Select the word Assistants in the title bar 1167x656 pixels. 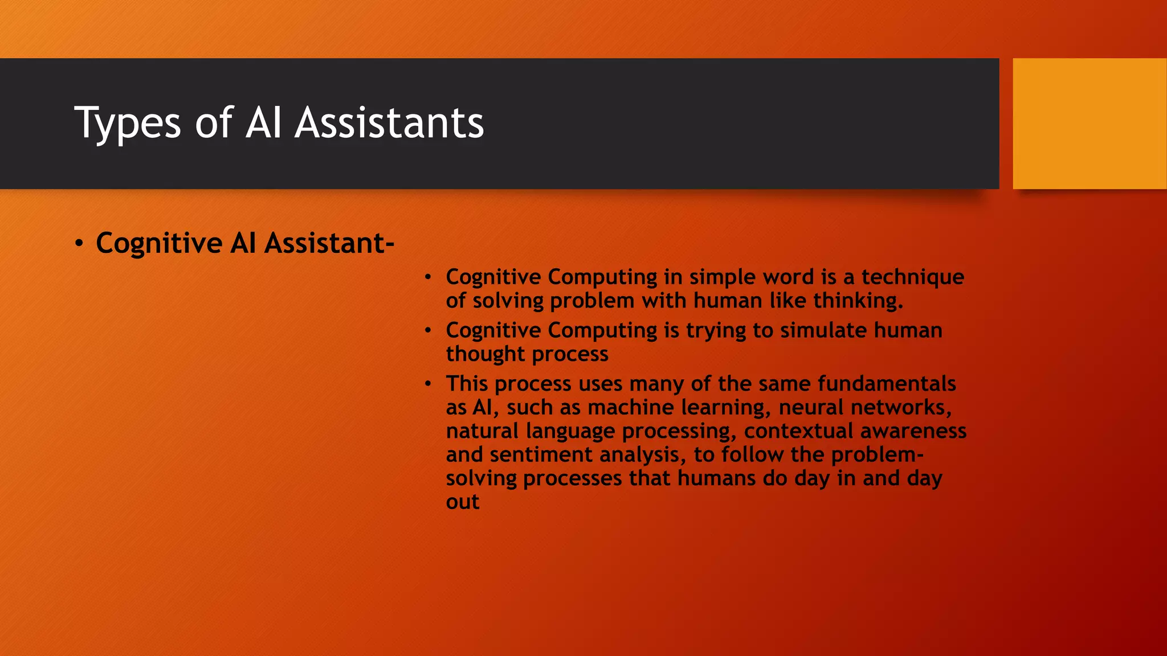389,123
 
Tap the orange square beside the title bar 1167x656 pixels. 1089,123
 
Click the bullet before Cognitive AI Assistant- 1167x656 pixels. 79,244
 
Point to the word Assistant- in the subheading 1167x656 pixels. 329,243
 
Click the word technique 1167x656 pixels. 912,277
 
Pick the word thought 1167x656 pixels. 485,354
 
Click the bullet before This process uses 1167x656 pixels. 428,384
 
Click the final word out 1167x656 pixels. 462,502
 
